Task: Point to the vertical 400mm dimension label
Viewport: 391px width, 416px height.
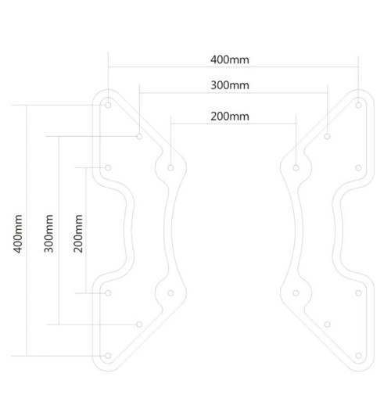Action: [x=18, y=231]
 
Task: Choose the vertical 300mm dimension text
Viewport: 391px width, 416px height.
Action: [x=48, y=231]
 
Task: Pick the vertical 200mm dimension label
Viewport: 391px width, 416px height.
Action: [x=77, y=231]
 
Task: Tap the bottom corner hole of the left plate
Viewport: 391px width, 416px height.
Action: [x=108, y=356]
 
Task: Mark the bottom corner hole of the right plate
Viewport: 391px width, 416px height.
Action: [x=357, y=356]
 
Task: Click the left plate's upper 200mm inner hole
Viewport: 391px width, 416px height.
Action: [x=170, y=167]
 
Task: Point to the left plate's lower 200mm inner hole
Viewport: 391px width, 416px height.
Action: [x=170, y=293]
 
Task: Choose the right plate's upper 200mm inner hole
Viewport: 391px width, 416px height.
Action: [x=296, y=167]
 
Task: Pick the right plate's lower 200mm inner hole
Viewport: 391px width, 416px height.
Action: [x=296, y=293]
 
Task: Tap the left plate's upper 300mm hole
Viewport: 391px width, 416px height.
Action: [x=139, y=136]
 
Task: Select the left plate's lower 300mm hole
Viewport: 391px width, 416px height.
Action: [x=139, y=324]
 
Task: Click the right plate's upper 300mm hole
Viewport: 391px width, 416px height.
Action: [x=327, y=136]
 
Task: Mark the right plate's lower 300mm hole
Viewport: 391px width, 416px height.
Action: [x=327, y=324]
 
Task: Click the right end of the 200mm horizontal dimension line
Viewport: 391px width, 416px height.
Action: [x=296, y=123]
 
